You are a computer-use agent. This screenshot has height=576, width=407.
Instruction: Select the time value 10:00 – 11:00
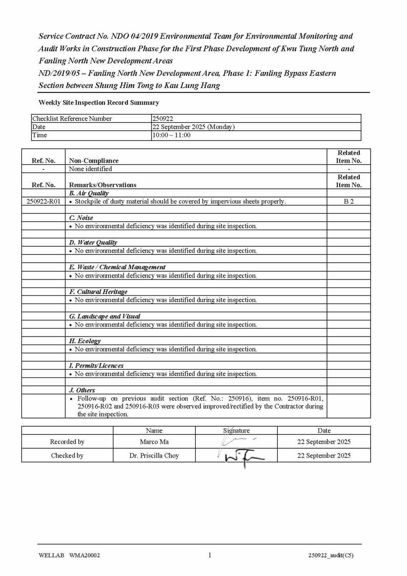coord(171,135)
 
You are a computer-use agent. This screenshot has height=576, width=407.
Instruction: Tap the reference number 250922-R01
coord(43,202)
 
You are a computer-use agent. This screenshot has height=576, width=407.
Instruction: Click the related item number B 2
coord(349,202)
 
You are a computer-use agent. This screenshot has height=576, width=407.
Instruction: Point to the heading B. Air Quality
coord(89,193)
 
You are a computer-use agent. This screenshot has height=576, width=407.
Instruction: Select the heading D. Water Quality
coord(93,242)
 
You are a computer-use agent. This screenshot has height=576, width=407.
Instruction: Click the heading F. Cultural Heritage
coord(98,291)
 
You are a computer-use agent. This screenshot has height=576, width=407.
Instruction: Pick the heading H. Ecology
coord(85,341)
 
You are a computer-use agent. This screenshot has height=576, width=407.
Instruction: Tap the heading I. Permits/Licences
coord(96,365)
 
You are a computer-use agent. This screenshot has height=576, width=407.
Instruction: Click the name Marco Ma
coord(154,442)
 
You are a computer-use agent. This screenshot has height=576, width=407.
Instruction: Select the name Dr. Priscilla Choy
coord(154,455)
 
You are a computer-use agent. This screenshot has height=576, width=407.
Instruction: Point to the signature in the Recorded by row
coord(237,441)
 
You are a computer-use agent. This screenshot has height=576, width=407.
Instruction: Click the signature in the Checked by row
coord(238,456)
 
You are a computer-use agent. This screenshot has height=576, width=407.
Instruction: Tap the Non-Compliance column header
coord(93,161)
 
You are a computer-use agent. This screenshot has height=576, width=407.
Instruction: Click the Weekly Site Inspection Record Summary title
coord(98,103)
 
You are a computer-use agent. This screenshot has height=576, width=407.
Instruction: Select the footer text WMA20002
coord(84,555)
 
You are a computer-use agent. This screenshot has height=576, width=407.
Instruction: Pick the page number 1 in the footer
coord(210,555)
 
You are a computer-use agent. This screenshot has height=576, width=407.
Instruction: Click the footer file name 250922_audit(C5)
coord(331,555)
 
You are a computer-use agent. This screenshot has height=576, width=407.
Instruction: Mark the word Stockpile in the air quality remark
coord(89,202)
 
